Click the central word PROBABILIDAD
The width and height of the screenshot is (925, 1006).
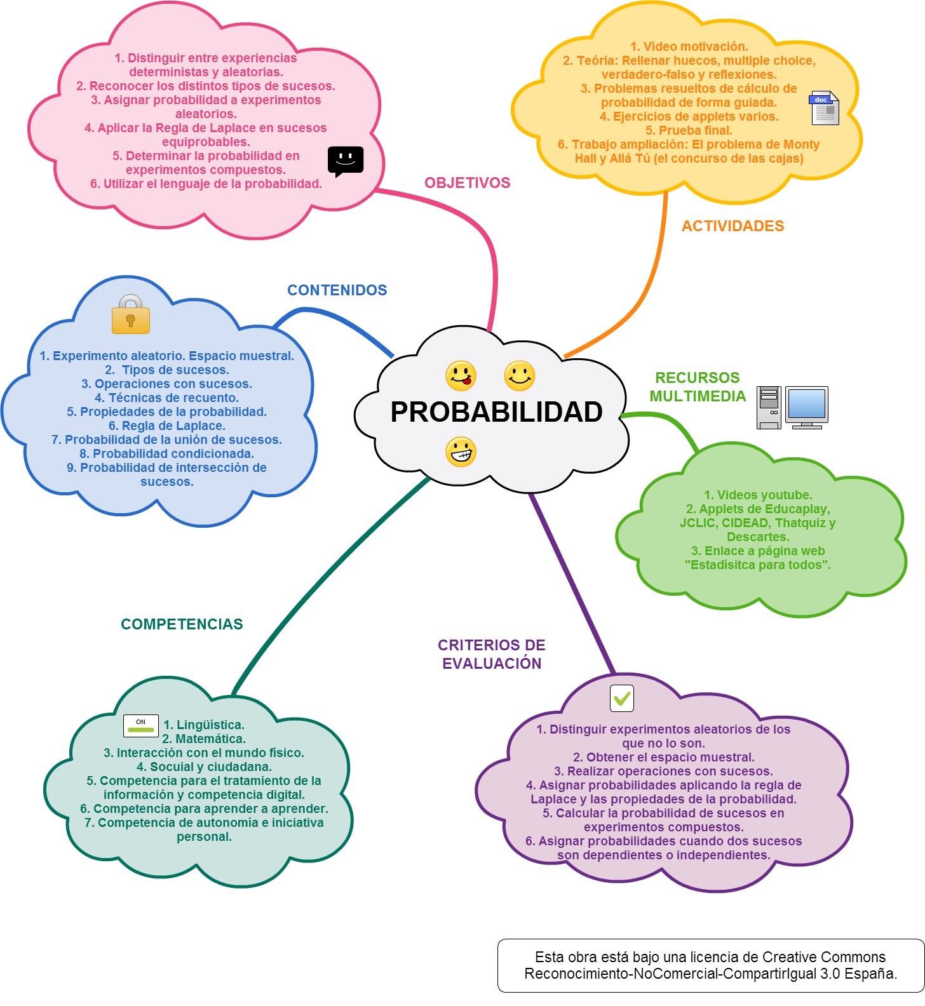coord(496,412)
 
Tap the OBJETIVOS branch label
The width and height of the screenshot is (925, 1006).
coord(468,183)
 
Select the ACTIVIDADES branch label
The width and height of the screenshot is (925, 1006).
coord(733,226)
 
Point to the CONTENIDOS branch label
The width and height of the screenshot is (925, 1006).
coord(337,290)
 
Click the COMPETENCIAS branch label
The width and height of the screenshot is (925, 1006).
coord(182,624)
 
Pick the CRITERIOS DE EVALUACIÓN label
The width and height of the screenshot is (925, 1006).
coord(492,654)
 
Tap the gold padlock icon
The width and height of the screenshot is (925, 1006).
coord(130,314)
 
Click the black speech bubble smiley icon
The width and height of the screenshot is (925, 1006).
coord(346,161)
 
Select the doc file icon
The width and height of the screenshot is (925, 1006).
coord(824,108)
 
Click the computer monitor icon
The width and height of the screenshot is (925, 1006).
coord(807,407)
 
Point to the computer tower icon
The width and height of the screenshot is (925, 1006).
coord(769,408)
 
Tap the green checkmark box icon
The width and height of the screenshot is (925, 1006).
coord(622,698)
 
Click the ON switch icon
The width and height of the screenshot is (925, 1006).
coord(141,725)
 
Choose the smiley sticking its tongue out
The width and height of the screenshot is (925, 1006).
coord(461,376)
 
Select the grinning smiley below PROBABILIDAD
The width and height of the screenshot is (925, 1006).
coord(461,452)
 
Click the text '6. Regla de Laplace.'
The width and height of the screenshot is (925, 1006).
coord(167,426)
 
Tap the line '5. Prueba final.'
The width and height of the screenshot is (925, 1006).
coord(689,130)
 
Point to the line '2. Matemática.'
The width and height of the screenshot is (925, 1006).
coord(204,739)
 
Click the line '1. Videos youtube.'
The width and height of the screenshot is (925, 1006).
coord(758,495)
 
